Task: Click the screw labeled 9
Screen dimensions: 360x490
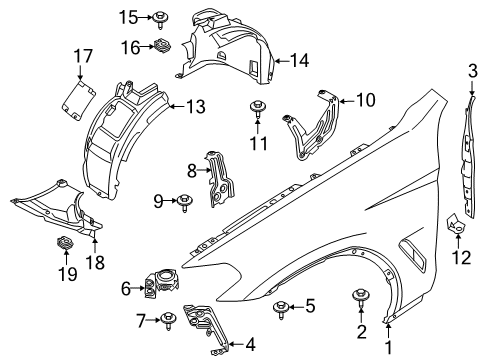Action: pyautogui.click(x=186, y=203)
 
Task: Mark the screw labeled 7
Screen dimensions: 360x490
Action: pyautogui.click(x=169, y=320)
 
